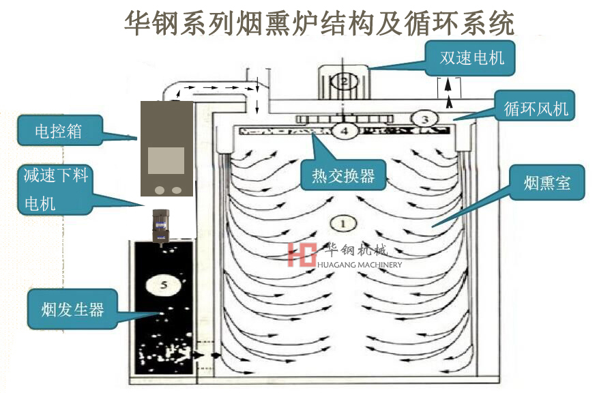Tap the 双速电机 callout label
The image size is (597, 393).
point(471,57)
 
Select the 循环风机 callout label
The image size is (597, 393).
point(535,108)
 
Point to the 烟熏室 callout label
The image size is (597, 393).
point(547,182)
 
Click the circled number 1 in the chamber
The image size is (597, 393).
point(343,222)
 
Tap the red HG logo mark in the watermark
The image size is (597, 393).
point(302,253)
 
